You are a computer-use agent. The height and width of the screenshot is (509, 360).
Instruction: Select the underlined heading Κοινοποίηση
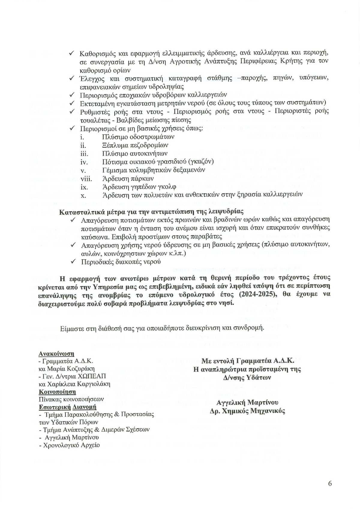57,392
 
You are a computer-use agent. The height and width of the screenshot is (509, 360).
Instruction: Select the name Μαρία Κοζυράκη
70,369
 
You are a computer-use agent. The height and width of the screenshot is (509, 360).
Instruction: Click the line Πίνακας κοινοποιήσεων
71,399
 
